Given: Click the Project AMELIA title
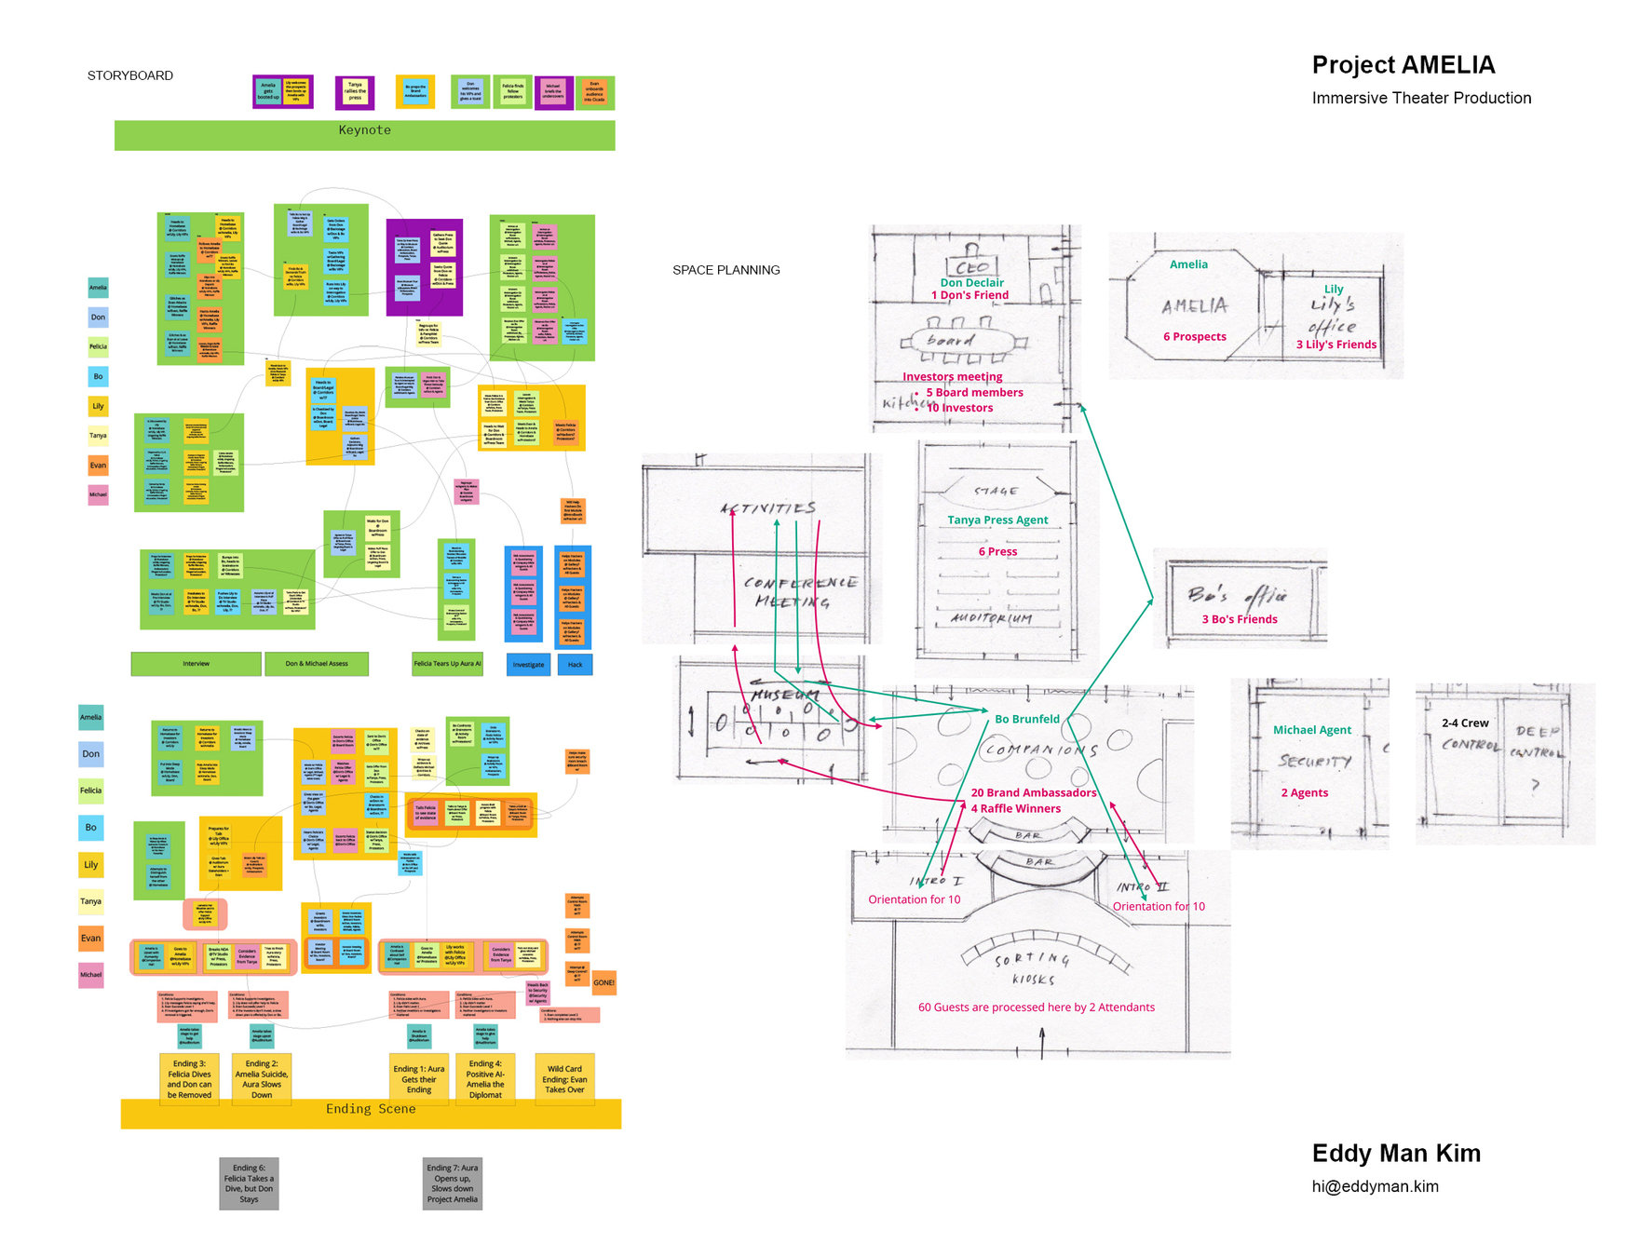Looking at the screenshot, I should pyautogui.click(x=1403, y=65).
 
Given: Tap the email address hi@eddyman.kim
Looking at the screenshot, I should pyautogui.click(x=1375, y=1186).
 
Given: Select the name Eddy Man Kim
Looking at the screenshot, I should pyautogui.click(x=1395, y=1154).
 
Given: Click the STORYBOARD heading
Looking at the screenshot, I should pyautogui.click(x=130, y=75).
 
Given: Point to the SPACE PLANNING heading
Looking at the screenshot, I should pyautogui.click(x=725, y=270).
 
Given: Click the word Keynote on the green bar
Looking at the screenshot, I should pyautogui.click(x=364, y=130).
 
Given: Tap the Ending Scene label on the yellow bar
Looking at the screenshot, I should pyautogui.click(x=370, y=1109).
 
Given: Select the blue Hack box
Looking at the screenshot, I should pyautogui.click(x=575, y=665).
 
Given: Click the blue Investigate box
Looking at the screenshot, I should pyautogui.click(x=528, y=665).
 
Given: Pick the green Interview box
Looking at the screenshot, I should pyautogui.click(x=196, y=664).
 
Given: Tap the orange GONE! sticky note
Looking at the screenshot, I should pyautogui.click(x=603, y=982).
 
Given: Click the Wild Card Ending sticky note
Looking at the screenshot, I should pyautogui.click(x=564, y=1079).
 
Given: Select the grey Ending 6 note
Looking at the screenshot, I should pyautogui.click(x=249, y=1183).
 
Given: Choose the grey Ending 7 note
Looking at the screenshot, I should pyautogui.click(x=452, y=1183).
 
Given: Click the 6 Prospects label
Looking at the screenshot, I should pyautogui.click(x=1194, y=337).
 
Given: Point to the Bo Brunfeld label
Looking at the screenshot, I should pyautogui.click(x=1026, y=720).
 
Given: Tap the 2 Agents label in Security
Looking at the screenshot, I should pyautogui.click(x=1304, y=793).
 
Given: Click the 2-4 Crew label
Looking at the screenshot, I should pyautogui.click(x=1464, y=723).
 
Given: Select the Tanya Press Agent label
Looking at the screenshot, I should pyautogui.click(x=997, y=520).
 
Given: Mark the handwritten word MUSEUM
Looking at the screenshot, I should pyautogui.click(x=784, y=695).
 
